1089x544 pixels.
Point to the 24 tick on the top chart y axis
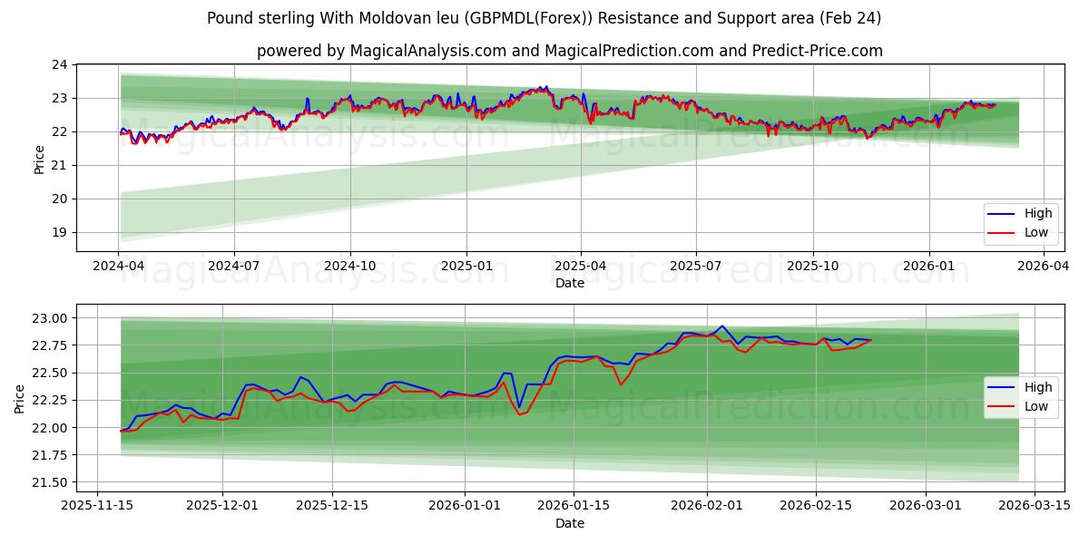60,64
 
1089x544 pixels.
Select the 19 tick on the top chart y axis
60,232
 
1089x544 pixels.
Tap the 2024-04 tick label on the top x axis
118,267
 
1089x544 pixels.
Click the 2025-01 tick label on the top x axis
466,267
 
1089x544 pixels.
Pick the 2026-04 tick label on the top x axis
1044,267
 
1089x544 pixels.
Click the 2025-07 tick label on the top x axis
696,267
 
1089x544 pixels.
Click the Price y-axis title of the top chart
39,159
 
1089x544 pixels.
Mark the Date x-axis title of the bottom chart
569,523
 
